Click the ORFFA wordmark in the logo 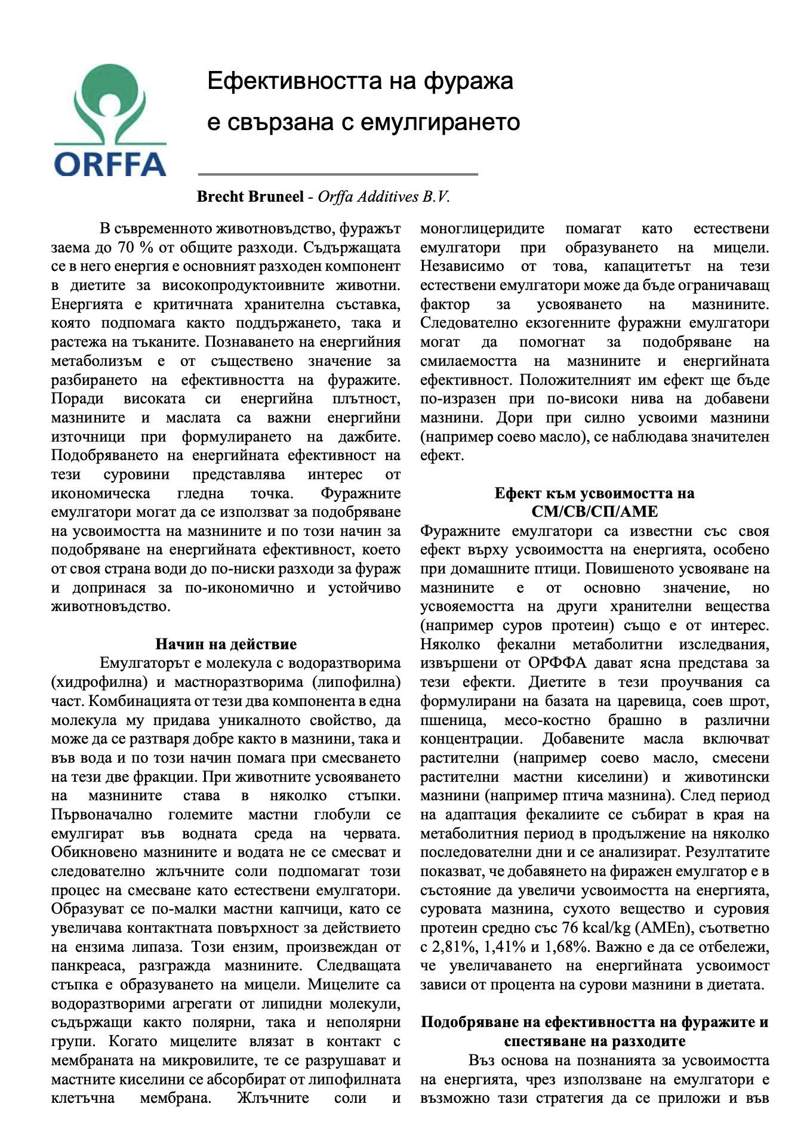coord(110,162)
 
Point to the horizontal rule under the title coord(338,174)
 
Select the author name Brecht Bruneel coord(250,196)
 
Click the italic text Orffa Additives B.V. coord(383,196)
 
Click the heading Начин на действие coord(226,644)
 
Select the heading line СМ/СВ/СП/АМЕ coord(595,511)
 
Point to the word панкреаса coord(90,966)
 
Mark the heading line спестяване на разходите coord(595,1041)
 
